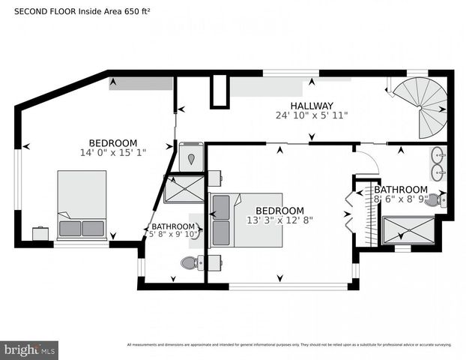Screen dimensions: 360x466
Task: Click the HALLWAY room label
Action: pyautogui.click(x=312, y=106)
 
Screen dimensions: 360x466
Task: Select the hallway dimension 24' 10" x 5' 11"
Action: pyautogui.click(x=312, y=115)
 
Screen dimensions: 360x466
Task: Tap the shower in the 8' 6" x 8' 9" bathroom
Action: pyautogui.click(x=408, y=229)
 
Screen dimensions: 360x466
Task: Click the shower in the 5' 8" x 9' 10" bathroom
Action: pyautogui.click(x=184, y=189)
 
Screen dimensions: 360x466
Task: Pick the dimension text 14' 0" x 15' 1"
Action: pyautogui.click(x=112, y=153)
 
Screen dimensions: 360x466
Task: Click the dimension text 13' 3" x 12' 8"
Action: pyautogui.click(x=279, y=220)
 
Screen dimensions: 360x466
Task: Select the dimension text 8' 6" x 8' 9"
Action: pyautogui.click(x=400, y=200)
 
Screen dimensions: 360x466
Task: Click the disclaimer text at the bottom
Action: pyautogui.click(x=288, y=345)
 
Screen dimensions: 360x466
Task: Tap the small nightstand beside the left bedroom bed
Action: pyautogui.click(x=41, y=233)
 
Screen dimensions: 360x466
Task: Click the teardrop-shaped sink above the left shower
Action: pyautogui.click(x=191, y=158)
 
